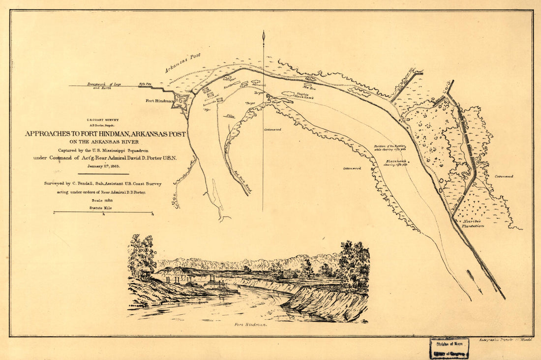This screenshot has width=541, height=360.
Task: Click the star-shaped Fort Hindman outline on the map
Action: [x=180, y=101]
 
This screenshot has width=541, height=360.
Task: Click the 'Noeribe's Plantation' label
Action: [x=473, y=223]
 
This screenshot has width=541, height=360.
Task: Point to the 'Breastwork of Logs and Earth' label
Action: [x=104, y=86]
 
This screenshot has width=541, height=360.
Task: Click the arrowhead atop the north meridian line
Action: [x=264, y=35]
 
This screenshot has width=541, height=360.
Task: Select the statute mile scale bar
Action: [x=103, y=212]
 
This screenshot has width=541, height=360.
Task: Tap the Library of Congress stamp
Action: [x=449, y=348]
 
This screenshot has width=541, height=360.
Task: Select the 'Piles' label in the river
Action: [x=229, y=116]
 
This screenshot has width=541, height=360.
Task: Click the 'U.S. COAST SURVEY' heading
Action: [x=103, y=120]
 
